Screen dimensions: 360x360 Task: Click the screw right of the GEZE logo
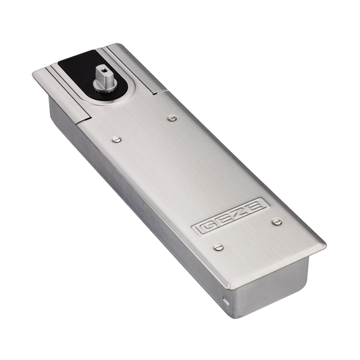point(277,222)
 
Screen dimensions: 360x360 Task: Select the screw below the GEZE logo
point(218,247)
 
